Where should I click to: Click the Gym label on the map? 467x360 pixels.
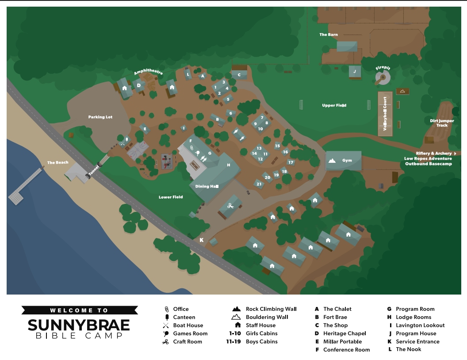coord(347,161)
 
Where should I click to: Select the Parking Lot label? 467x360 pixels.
coord(100,117)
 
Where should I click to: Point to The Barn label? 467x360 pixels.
coord(329,34)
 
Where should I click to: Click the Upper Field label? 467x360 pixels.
coord(334,105)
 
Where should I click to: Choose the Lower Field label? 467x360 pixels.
coord(171,197)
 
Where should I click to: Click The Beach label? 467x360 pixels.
coord(58,163)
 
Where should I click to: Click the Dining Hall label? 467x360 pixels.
coord(207,187)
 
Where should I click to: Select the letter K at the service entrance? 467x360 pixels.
coord(202,240)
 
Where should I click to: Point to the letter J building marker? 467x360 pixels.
coord(354,71)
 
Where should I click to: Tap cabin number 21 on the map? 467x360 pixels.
coord(259,184)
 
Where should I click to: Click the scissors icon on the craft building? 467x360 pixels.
coord(230,206)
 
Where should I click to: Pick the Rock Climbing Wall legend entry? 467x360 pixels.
coord(271,309)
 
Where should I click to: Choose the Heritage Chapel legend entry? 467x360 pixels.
coord(345,333)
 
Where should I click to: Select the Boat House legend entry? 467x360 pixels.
coord(188,326)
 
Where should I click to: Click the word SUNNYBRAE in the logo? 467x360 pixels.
coord(79,326)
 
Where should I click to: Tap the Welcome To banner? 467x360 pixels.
coord(79,310)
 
